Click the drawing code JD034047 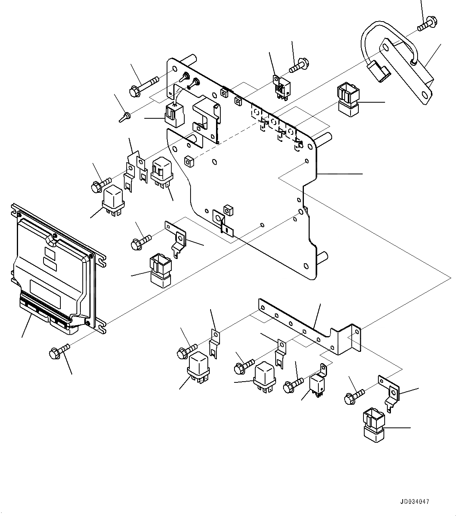click(415, 501)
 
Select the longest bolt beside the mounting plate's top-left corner click(143, 86)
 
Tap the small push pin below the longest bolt click(124, 117)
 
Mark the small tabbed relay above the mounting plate click(281, 87)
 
